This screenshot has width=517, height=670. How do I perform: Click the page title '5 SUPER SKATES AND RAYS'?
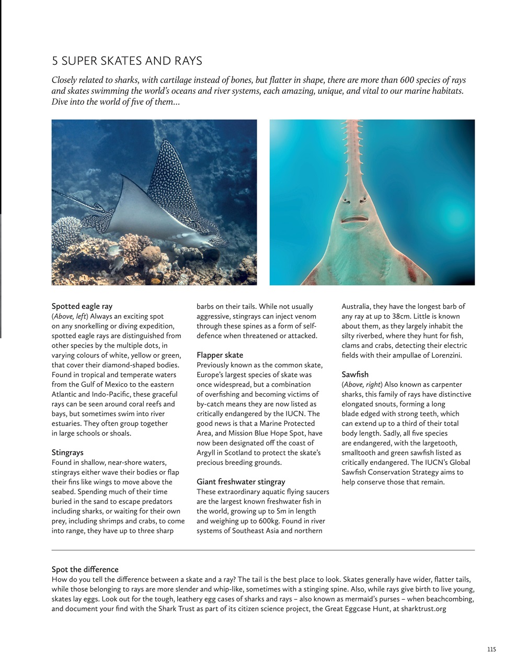point(127,61)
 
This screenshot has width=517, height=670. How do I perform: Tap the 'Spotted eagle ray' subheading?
point(82,306)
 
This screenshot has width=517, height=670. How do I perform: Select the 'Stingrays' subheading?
point(67,452)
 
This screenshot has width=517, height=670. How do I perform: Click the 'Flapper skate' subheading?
point(220,355)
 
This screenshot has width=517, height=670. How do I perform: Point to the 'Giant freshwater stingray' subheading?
point(240,482)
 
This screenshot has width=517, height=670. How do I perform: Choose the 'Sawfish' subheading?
point(355,374)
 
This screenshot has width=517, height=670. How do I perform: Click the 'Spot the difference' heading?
point(85,569)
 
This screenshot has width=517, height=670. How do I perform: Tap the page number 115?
point(491,650)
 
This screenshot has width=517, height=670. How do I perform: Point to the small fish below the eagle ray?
point(113,252)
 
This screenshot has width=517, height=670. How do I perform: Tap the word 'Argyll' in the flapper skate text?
point(208,452)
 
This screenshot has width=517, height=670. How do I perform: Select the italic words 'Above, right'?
point(361,384)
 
